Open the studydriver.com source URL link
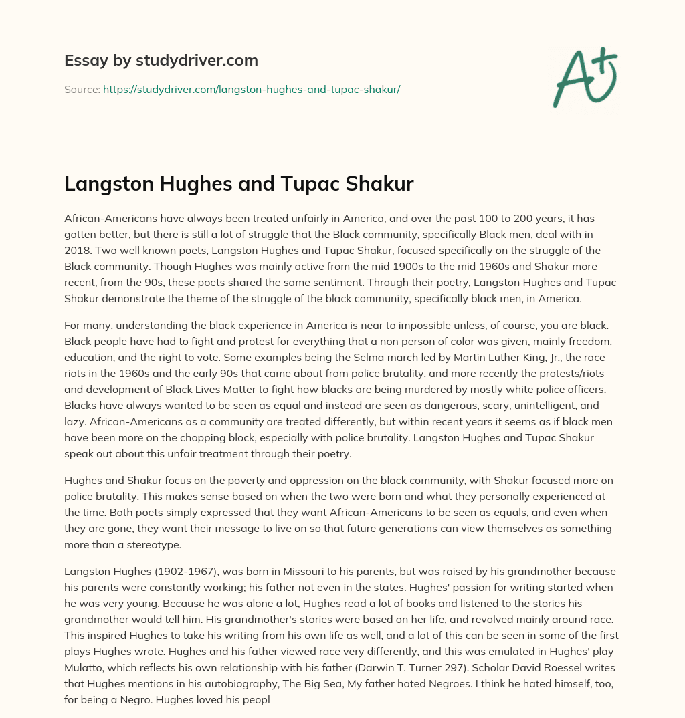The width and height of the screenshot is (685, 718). [x=252, y=89]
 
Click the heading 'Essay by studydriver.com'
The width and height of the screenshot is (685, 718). [x=161, y=60]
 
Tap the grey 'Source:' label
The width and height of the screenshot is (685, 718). [x=82, y=89]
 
